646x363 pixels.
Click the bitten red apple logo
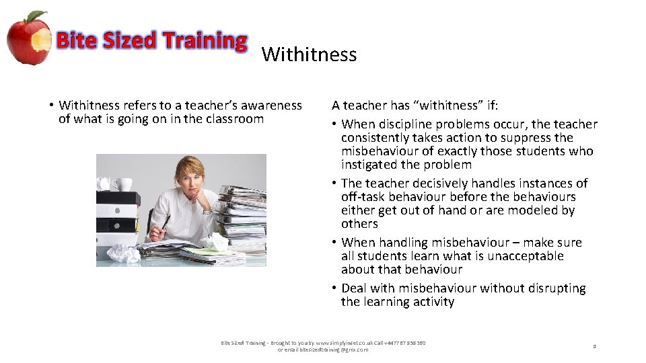28,38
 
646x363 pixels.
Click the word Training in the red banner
204,41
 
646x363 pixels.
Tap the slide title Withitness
309,54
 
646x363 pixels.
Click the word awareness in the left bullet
271,105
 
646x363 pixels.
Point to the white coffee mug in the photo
124,184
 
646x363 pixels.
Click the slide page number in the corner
594,346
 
